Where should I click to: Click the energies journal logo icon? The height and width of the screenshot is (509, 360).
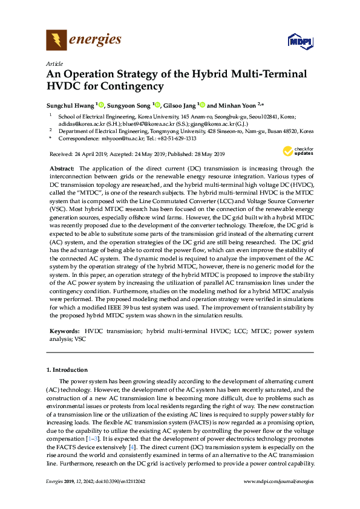56,41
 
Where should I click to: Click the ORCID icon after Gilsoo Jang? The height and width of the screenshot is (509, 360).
202,105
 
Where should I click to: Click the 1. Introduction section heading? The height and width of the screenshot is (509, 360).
67,369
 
